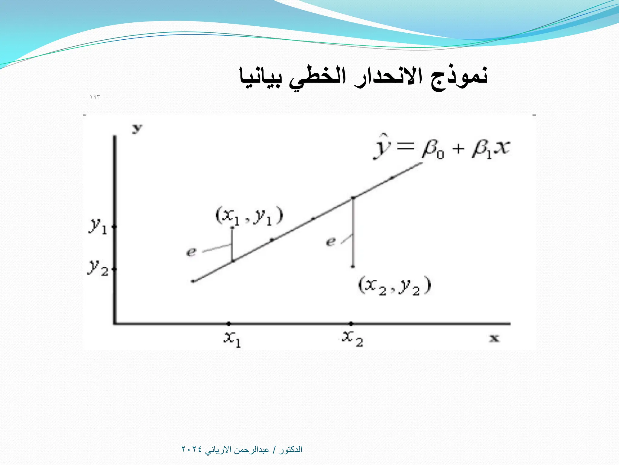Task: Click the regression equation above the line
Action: click(x=442, y=148)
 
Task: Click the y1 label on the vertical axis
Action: click(x=98, y=226)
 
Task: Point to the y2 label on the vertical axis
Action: click(x=98, y=268)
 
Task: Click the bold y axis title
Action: click(x=137, y=129)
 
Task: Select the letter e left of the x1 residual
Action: click(x=191, y=252)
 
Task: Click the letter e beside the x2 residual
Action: click(x=331, y=242)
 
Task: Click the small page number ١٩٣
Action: click(x=95, y=97)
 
